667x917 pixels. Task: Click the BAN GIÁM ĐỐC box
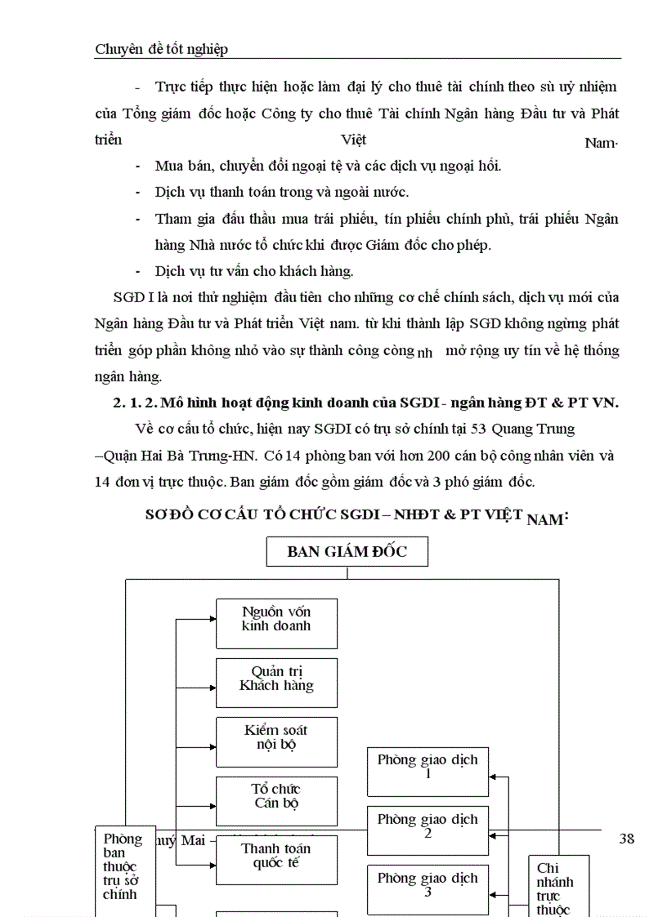tap(347, 552)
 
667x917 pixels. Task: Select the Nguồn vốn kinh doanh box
tap(276, 623)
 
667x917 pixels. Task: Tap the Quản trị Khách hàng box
tap(276, 683)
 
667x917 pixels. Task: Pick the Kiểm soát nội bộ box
tap(276, 741)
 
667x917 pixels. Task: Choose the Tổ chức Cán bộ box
tap(276, 800)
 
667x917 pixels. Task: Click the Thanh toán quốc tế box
tap(276, 860)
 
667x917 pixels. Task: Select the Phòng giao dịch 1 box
tap(428, 770)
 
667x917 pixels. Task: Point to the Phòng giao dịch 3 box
tap(428, 888)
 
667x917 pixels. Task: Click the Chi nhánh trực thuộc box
tap(558, 886)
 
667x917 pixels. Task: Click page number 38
tap(627, 839)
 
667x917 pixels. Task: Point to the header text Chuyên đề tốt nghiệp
tap(161, 49)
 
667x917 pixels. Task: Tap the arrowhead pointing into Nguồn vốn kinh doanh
tap(213, 620)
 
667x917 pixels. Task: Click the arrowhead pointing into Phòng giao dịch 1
tap(493, 776)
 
